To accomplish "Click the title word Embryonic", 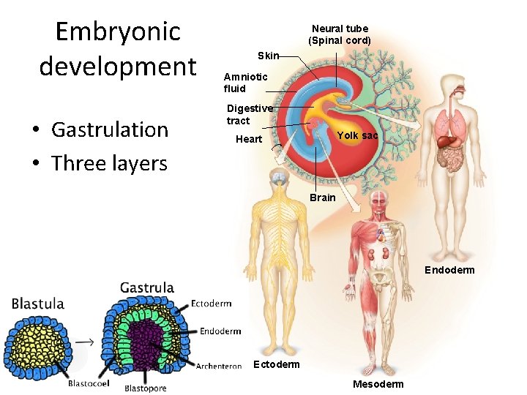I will click(118, 31).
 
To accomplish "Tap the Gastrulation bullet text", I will click(110, 129).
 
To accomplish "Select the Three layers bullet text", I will click(109, 163).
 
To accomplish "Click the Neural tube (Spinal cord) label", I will click(340, 34).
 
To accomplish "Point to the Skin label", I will click(269, 56).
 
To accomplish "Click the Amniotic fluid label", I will click(245, 83).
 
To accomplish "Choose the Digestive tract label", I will click(249, 114).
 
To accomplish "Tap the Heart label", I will click(249, 139).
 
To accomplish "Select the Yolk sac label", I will click(357, 135).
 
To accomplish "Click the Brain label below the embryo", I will click(322, 197).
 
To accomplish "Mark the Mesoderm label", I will click(378, 384).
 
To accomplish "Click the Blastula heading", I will click(38, 304).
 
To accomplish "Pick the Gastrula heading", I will click(146, 287).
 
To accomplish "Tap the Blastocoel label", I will click(89, 383).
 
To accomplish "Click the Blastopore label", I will click(146, 388).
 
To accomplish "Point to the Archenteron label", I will click(219, 366).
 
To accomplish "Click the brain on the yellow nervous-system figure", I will click(278, 177).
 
